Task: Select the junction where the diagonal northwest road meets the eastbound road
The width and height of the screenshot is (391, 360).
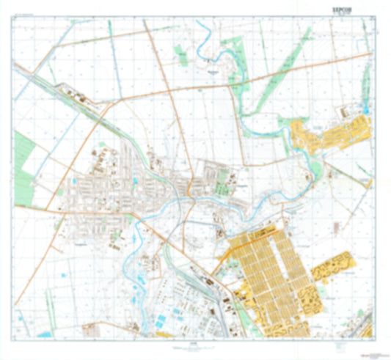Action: (110, 103)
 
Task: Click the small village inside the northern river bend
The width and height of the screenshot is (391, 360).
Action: (213, 73)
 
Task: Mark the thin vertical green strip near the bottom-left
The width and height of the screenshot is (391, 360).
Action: (49, 301)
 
